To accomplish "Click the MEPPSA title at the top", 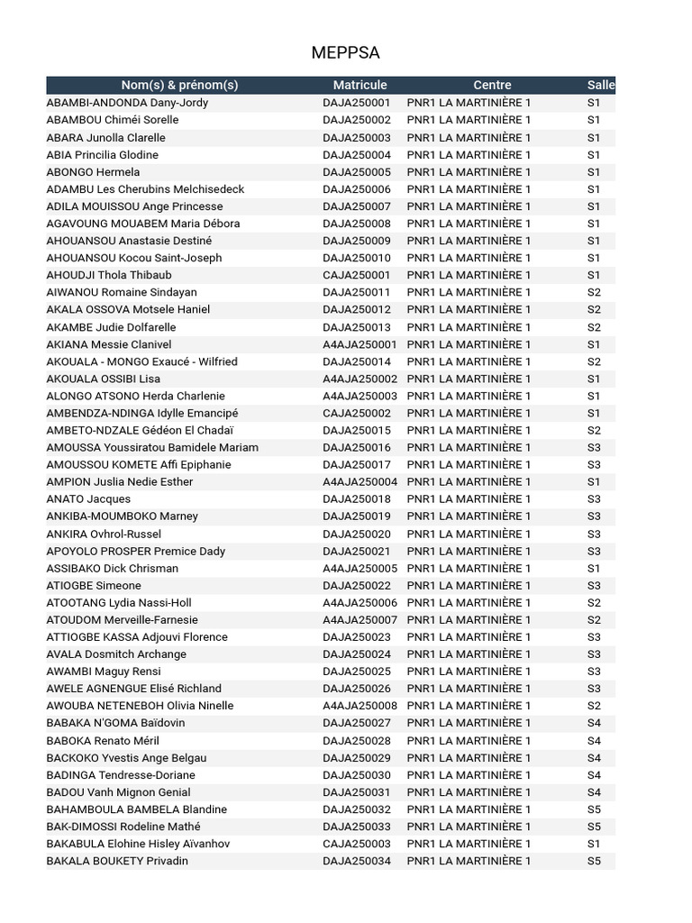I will pyautogui.click(x=345, y=53).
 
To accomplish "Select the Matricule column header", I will pyautogui.click(x=360, y=85).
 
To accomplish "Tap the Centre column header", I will pyautogui.click(x=492, y=85).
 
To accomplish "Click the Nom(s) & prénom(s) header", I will pyautogui.click(x=179, y=85).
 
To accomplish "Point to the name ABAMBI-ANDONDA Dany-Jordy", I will pyautogui.click(x=127, y=103).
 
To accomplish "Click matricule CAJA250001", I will pyautogui.click(x=357, y=275).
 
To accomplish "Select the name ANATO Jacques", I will pyautogui.click(x=88, y=499).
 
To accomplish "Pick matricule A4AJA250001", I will pyautogui.click(x=360, y=344).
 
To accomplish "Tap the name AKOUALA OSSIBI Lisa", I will pyautogui.click(x=104, y=379).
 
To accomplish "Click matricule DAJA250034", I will pyautogui.click(x=357, y=861).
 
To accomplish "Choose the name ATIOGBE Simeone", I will pyautogui.click(x=94, y=586).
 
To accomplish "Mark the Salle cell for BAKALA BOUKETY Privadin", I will pyautogui.click(x=594, y=861).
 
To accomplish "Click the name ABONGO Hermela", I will pyautogui.click(x=93, y=172).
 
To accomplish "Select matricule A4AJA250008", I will pyautogui.click(x=360, y=706).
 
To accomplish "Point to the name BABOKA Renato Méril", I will pyautogui.click(x=103, y=741).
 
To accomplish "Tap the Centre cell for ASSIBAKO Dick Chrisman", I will pyautogui.click(x=469, y=569).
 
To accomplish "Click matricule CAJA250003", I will pyautogui.click(x=357, y=844).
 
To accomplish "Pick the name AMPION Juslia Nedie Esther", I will pyautogui.click(x=120, y=482).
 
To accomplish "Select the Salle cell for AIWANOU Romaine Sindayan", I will pyautogui.click(x=594, y=292).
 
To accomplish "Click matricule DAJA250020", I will pyautogui.click(x=357, y=535).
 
